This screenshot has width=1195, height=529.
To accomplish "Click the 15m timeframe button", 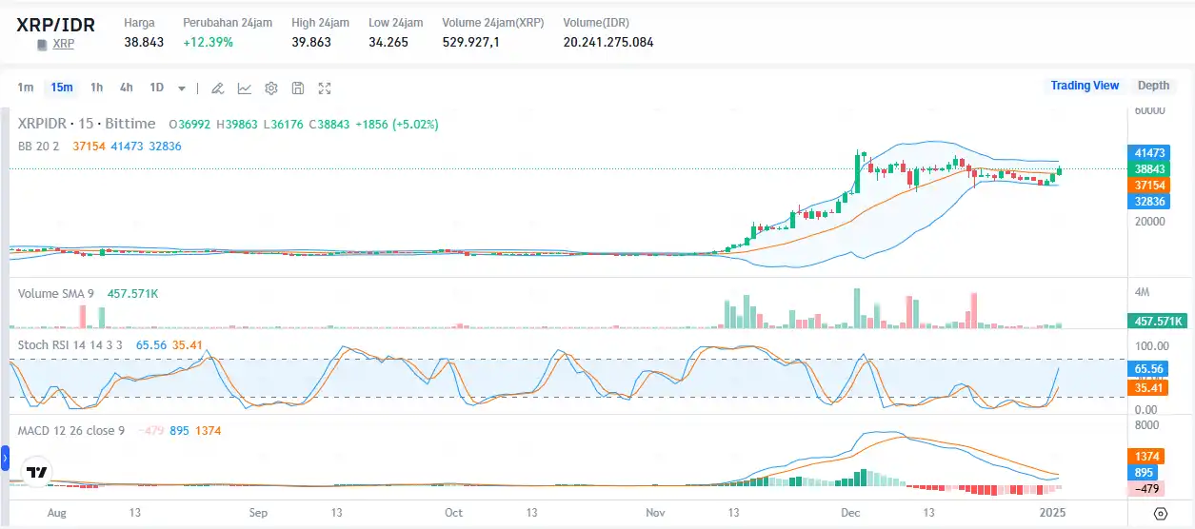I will coord(62,88).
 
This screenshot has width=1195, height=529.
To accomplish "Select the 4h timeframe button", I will coord(126,88).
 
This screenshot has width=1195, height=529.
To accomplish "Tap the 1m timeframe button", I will coord(26,88).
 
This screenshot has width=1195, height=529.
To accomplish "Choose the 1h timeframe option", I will coord(96,88).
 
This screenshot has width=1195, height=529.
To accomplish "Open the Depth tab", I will coord(1153,86).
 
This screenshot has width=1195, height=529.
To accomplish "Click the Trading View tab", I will coord(1085,86).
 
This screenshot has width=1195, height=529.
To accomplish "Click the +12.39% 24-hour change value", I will coord(208,42).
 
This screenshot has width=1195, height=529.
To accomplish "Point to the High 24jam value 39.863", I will coord(311,42).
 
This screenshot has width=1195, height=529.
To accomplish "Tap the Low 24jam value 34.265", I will coord(388,42).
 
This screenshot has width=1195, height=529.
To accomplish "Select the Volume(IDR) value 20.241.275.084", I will coord(607,42).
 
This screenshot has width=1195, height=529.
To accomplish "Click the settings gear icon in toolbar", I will coord(271,88).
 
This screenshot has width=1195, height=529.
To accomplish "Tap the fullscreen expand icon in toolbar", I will coord(325,88).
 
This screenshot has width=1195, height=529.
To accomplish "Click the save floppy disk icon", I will coord(298,88).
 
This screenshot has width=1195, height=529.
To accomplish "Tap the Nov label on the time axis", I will coord(655,513).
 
